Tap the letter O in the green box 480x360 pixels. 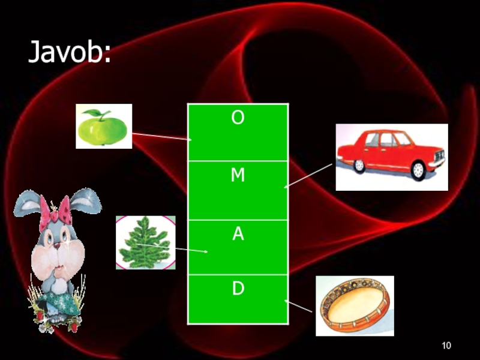point(238,119)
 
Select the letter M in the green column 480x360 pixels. point(238,175)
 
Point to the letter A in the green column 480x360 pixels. point(238,235)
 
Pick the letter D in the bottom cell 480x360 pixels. point(238,289)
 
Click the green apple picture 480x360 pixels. point(103,127)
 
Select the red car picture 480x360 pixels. point(391,157)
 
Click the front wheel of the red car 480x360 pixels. point(418,172)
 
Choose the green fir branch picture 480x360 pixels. point(145,243)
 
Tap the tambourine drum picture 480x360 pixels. point(354,305)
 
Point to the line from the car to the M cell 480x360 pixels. point(308,175)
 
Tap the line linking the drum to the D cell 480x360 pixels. point(299,306)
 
